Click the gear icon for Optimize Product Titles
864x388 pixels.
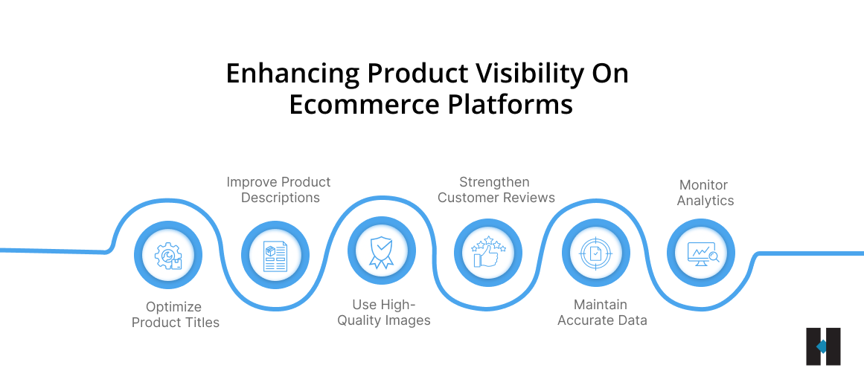click(x=168, y=255)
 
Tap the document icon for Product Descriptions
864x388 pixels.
click(x=275, y=255)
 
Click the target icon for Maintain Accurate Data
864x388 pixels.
click(x=596, y=253)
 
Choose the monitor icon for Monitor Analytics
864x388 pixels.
click(x=701, y=253)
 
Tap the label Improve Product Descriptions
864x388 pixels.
click(x=278, y=190)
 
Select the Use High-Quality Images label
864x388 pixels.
click(x=384, y=312)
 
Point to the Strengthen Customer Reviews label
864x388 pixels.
click(x=496, y=190)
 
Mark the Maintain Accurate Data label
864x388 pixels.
click(x=601, y=312)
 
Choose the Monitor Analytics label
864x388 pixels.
click(x=705, y=193)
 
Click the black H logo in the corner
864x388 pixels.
click(x=823, y=346)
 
